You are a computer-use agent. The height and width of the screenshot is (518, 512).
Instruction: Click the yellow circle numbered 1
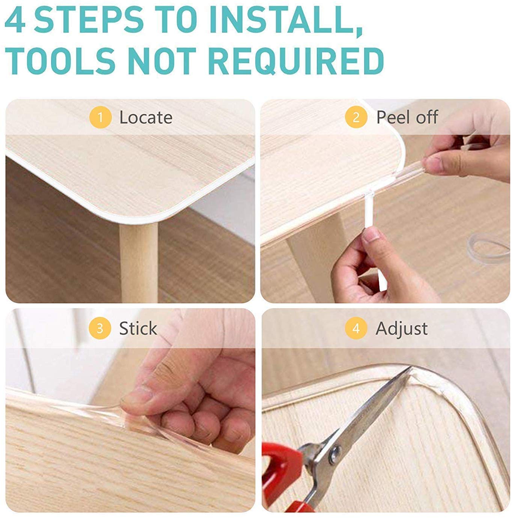click(x=100, y=117)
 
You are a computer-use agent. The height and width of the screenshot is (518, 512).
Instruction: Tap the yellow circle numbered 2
click(x=356, y=117)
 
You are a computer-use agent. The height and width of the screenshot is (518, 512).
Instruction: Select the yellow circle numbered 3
click(x=100, y=328)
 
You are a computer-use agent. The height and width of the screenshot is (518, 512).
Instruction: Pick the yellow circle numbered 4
click(x=356, y=328)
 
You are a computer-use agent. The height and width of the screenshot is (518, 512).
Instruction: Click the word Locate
click(x=146, y=117)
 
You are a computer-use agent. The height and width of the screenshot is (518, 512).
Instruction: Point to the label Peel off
click(x=407, y=117)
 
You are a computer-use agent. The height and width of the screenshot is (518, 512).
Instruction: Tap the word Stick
click(x=138, y=328)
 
